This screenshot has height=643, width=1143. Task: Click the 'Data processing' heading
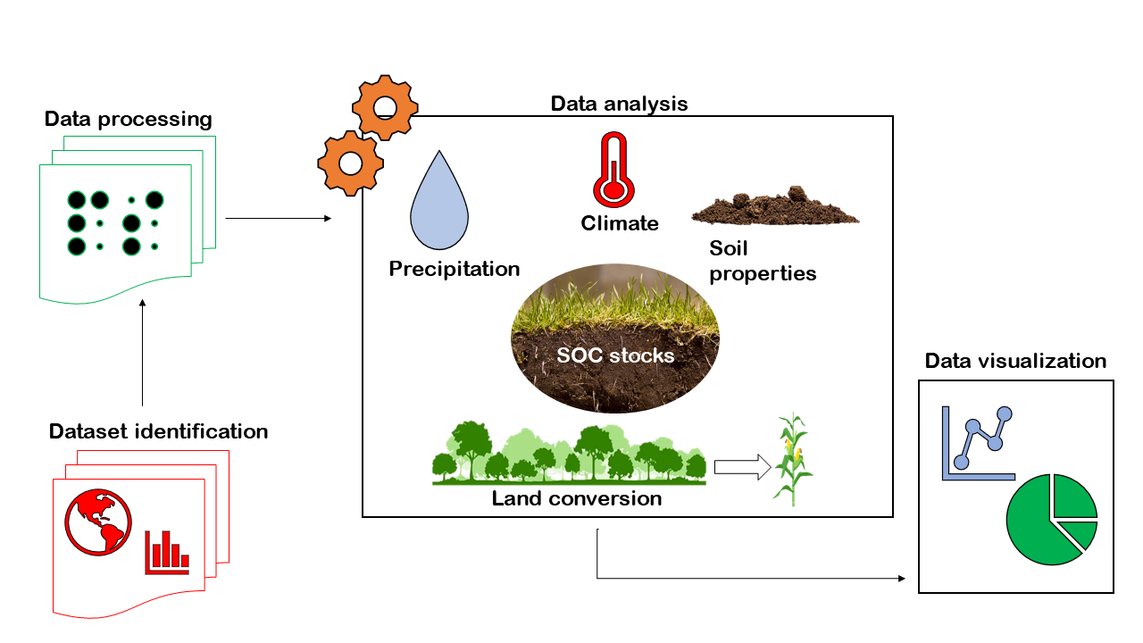129,119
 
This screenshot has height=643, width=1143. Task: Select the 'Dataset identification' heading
158,431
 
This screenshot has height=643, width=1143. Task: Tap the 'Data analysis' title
619,104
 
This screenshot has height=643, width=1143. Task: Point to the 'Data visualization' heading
1015,361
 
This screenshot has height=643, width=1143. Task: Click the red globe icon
98,522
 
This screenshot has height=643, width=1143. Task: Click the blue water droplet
439,201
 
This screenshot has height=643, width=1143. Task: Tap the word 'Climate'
620,223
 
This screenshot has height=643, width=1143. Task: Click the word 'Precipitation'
454,268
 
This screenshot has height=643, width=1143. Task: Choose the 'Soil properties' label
763,261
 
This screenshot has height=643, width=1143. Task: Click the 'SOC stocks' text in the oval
615,355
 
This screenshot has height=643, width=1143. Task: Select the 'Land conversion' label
577,498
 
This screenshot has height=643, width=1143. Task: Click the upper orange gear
385,108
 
